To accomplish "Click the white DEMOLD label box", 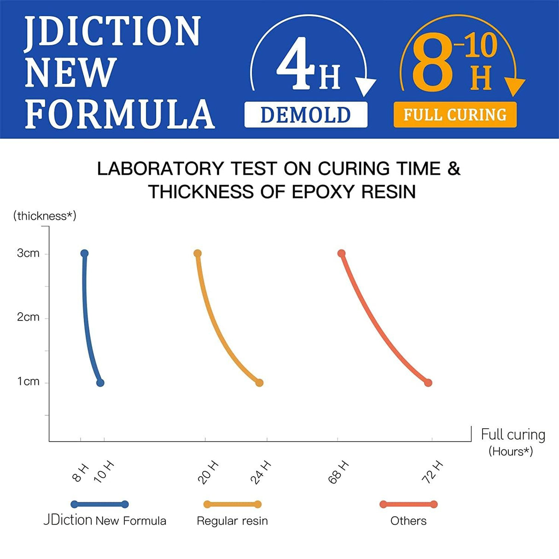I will pyautogui.click(x=306, y=115).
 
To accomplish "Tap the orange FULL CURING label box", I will pyautogui.click(x=455, y=115).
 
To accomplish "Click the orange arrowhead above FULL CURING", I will pyautogui.click(x=515, y=87).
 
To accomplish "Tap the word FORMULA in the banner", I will pyautogui.click(x=120, y=114).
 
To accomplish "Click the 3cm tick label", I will pyautogui.click(x=28, y=253).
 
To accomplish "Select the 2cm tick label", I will pyautogui.click(x=28, y=317).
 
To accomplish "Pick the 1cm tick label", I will pyautogui.click(x=28, y=382).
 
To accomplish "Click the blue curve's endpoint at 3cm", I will pyautogui.click(x=84, y=253).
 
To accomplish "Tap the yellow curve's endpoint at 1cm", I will pyautogui.click(x=259, y=383).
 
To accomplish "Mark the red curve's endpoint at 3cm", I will pyautogui.click(x=341, y=253).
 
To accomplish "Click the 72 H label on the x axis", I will pyautogui.click(x=432, y=472).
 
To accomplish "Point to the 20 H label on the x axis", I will pyautogui.click(x=208, y=472).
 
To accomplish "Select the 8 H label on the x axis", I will pyautogui.click(x=81, y=473).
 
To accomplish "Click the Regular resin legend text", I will pyautogui.click(x=232, y=521).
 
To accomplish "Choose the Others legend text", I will pyautogui.click(x=408, y=521).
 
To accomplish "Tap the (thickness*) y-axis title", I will pyautogui.click(x=45, y=216).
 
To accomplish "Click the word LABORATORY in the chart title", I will pyautogui.click(x=160, y=169).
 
